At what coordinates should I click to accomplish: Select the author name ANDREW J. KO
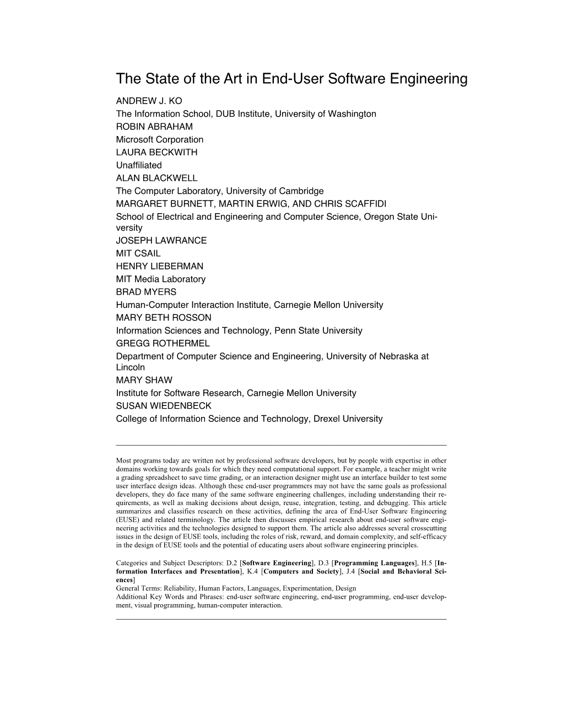point(149,101)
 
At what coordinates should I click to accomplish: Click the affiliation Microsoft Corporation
point(160,139)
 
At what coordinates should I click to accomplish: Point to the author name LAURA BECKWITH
point(156,152)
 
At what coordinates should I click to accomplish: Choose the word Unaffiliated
point(139,165)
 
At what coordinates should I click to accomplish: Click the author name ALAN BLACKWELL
point(156,178)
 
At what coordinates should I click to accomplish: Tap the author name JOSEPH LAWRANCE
point(161,240)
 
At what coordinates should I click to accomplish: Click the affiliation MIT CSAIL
point(138,253)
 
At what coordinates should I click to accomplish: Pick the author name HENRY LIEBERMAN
point(160,266)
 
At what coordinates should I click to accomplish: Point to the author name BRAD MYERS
point(146,292)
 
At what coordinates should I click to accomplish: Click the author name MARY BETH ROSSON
point(163,317)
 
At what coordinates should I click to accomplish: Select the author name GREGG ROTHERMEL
point(163,343)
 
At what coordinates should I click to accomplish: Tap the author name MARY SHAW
point(144,380)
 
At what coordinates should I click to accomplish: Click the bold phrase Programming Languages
point(375,563)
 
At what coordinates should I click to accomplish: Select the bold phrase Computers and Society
point(301,572)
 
